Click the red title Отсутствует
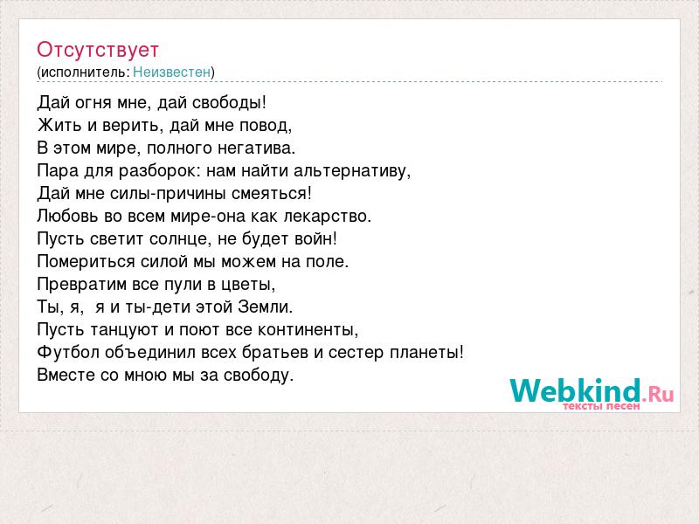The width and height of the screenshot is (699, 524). pos(98,50)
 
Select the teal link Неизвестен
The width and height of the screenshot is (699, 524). pos(171,72)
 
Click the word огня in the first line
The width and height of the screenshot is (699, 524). pos(93,103)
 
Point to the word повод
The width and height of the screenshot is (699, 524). pos(266,126)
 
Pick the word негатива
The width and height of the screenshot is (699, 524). pos(256,148)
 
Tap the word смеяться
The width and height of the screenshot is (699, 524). pos(272,193)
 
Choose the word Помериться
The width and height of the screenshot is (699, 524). pos(86,261)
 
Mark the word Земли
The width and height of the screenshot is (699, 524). pos(266,307)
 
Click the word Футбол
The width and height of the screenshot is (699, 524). pos(68,352)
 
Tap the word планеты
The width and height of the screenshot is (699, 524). pos(426,353)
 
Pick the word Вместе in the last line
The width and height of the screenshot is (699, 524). pos(66,375)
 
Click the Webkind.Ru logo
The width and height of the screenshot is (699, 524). pos(592,390)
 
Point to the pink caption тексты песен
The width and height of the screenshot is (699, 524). pos(601,406)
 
